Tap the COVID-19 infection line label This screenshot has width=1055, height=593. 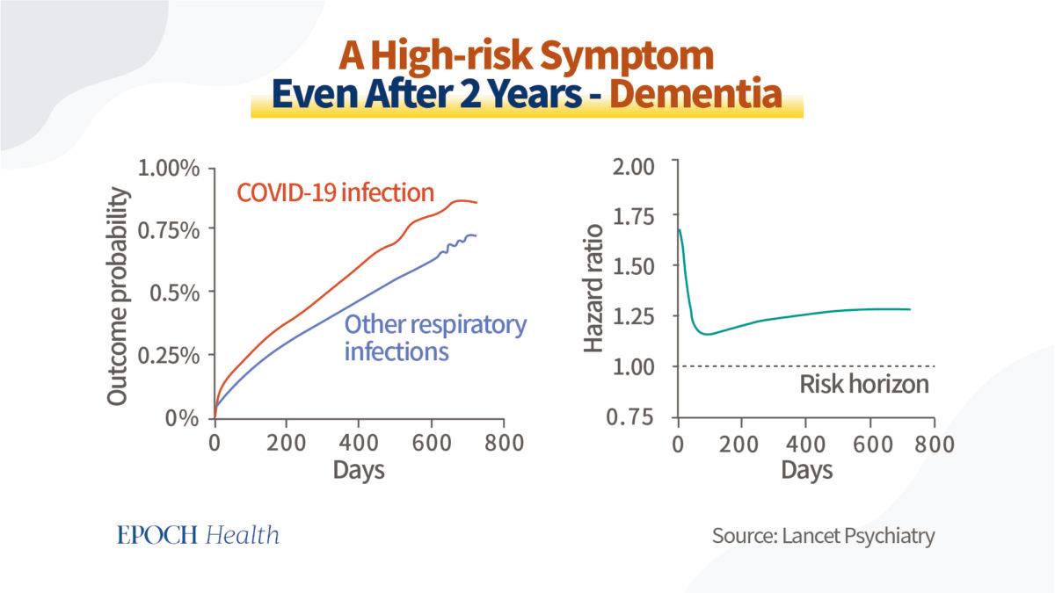point(334,192)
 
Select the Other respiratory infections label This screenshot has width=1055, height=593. point(434,337)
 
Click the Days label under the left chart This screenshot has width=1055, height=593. point(359,470)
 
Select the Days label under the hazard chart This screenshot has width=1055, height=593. point(806,470)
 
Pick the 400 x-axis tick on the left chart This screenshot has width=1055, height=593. point(359,442)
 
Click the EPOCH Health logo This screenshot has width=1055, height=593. point(198,534)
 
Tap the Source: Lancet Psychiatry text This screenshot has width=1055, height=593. point(823,535)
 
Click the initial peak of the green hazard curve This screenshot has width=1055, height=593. point(679,230)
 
